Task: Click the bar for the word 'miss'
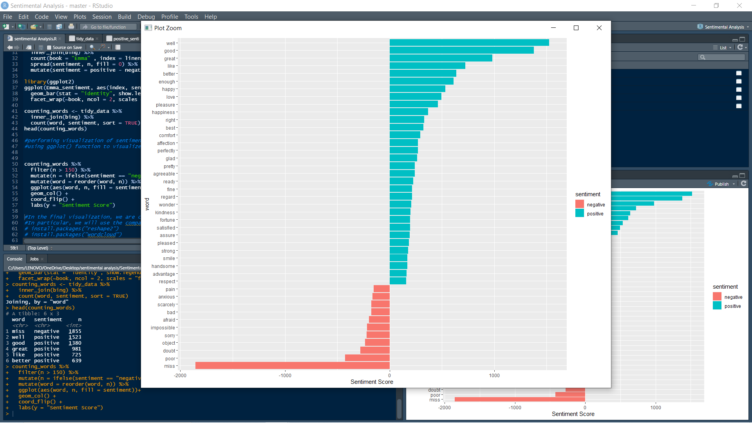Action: (292, 366)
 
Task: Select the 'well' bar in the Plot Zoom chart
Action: (469, 43)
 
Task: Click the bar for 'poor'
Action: (367, 358)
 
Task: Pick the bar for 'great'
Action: (441, 58)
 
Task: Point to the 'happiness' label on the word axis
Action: (163, 112)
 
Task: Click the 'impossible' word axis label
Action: (163, 328)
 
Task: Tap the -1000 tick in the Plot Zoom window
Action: (285, 376)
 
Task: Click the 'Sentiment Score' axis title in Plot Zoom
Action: (372, 382)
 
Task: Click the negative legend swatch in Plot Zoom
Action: (580, 204)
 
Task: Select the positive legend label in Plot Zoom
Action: (595, 214)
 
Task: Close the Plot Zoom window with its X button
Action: (599, 28)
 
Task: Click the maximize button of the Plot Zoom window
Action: (576, 28)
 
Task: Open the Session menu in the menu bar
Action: (102, 17)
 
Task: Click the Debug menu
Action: (146, 17)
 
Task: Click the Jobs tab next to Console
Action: (34, 259)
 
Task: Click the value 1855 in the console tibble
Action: (75, 331)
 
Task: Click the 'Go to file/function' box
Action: (108, 27)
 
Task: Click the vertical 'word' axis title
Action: (147, 204)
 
